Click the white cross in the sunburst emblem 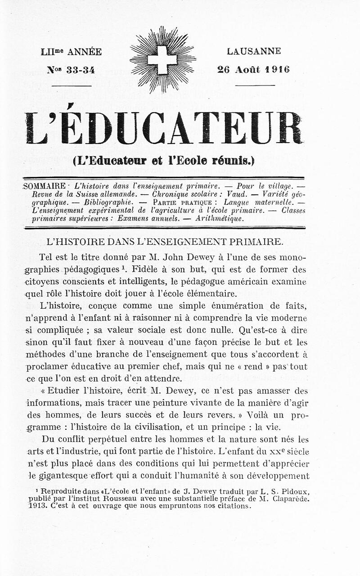[x=162, y=60]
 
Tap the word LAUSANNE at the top [x=254, y=51]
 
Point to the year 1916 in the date [x=277, y=69]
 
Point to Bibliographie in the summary [x=108, y=202]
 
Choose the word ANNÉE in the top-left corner [x=84, y=52]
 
